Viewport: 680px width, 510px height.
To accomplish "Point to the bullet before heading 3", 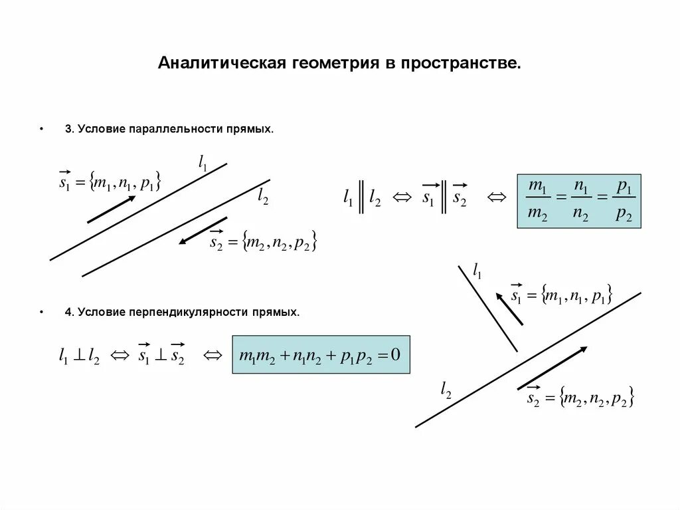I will [42, 130].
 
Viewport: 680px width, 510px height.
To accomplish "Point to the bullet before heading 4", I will [42, 311].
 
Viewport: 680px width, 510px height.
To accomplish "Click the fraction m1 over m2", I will [537, 201].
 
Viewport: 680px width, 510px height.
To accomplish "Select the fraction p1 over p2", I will [623, 201].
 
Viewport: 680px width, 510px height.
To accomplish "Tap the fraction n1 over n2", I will [580, 201].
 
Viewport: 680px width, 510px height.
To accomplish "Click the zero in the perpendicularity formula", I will [396, 354].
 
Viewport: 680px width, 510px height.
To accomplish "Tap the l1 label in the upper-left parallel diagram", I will [203, 162].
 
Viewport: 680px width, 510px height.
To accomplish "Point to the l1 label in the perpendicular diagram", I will [477, 269].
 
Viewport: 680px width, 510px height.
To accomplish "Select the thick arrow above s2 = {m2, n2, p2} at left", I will [203, 230].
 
